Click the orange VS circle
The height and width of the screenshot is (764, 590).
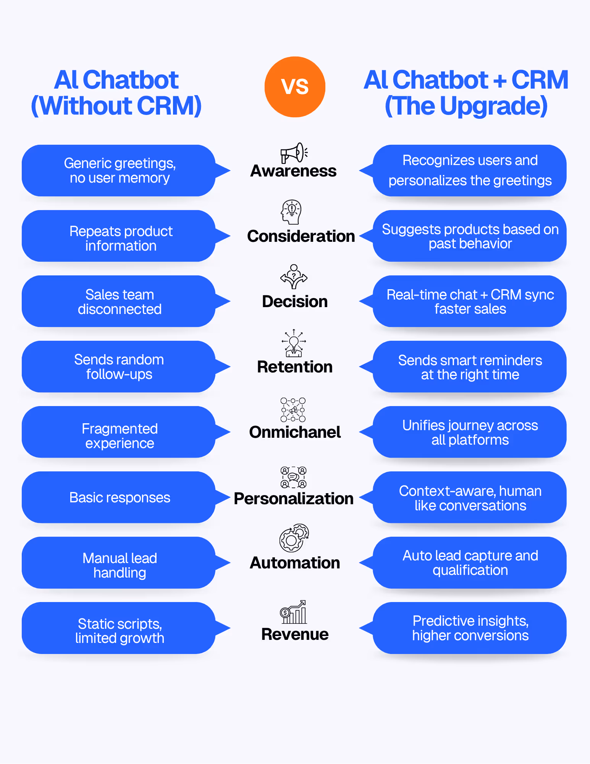point(295,87)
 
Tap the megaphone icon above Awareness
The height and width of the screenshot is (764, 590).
point(294,153)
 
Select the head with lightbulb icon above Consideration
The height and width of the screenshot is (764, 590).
point(292,212)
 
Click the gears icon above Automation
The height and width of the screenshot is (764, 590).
point(294,538)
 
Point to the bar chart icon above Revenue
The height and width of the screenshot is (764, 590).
point(293,612)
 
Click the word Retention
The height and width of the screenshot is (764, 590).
point(295,367)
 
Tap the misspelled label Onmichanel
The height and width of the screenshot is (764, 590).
point(295,432)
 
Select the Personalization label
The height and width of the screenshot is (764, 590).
point(294,499)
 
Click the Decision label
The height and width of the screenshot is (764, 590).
point(295,301)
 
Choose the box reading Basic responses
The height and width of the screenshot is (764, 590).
point(119,497)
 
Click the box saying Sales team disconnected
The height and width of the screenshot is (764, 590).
point(119,301)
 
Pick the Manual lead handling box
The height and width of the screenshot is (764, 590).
point(119,563)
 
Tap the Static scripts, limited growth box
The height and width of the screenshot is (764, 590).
point(119,628)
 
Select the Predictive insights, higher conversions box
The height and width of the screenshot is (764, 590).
point(470,628)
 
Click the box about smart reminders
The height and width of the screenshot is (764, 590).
point(470,367)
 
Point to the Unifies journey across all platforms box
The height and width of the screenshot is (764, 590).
point(470,432)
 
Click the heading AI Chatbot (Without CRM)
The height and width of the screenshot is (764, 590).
point(116,92)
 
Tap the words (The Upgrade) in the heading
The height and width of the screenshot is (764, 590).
point(466,106)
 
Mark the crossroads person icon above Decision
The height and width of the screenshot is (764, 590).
point(294,276)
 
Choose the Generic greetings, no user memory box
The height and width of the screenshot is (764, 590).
point(119,170)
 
